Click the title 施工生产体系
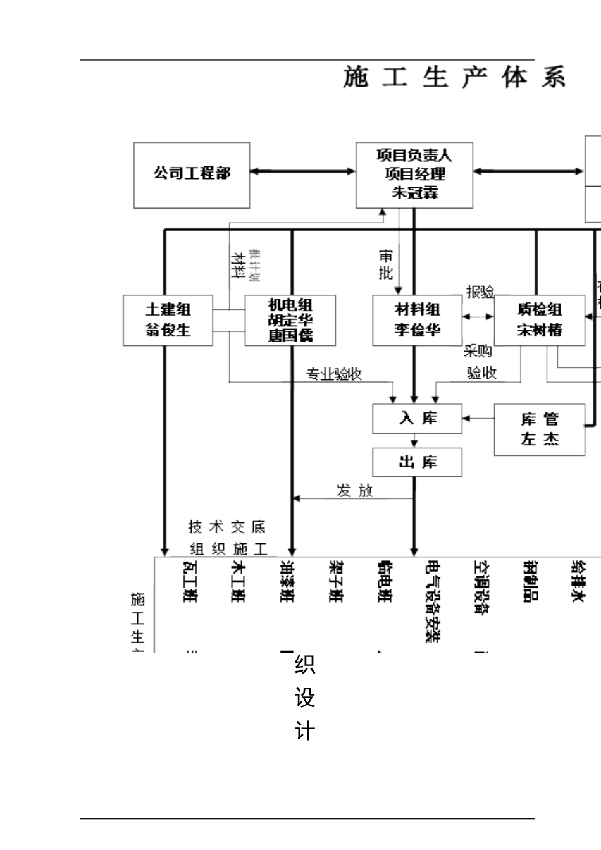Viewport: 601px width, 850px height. (454, 77)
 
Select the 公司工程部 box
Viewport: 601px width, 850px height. (192, 175)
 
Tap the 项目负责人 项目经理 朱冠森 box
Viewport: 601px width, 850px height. (414, 175)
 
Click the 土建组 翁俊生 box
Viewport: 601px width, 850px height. (168, 320)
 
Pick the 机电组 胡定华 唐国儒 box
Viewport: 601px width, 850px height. (290, 320)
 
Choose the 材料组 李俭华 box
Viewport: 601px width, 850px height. (417, 320)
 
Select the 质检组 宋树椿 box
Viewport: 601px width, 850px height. (539, 320)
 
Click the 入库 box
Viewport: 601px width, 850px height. (417, 419)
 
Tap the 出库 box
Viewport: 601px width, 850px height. (417, 462)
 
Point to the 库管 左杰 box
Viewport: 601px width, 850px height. (539, 430)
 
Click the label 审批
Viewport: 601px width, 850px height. (386, 264)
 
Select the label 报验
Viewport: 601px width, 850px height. (480, 292)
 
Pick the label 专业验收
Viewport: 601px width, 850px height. (334, 374)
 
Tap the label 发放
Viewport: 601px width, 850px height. (355, 491)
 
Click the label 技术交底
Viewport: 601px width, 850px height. (227, 527)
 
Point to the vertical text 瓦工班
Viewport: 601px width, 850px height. (189, 582)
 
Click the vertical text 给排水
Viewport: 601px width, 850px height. (577, 581)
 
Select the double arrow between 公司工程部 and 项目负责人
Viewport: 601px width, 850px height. (302, 171)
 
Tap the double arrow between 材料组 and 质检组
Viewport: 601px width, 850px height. (478, 316)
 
